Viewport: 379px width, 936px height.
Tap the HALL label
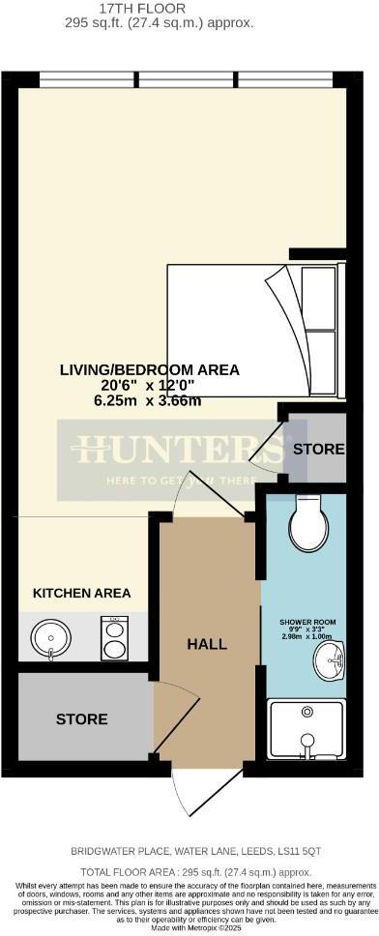coord(208,644)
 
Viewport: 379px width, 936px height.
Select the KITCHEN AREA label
coord(82,593)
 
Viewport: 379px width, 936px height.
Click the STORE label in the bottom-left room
coord(81,719)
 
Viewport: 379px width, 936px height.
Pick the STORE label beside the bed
coord(318,449)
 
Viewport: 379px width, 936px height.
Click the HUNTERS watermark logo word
coord(180,449)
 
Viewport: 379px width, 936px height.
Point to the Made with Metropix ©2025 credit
coord(189,926)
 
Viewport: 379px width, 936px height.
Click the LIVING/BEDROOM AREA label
coord(149,369)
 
